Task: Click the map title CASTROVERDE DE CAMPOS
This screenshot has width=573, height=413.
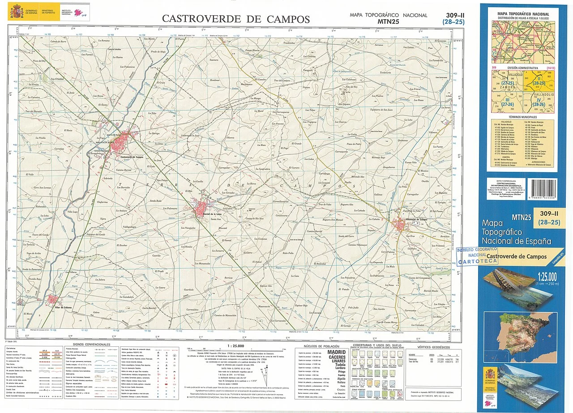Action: pyautogui.click(x=235, y=19)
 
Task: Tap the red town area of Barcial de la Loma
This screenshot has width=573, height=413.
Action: pyautogui.click(x=201, y=208)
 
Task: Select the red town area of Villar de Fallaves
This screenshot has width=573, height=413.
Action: pyautogui.click(x=53, y=299)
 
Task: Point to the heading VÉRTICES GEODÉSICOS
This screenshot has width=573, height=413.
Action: pyautogui.click(x=433, y=347)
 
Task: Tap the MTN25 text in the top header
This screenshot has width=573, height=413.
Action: pyautogui.click(x=388, y=21)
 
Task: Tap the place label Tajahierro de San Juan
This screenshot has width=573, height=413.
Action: pyautogui.click(x=381, y=109)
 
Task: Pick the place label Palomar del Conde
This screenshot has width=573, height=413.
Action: pyautogui.click(x=94, y=234)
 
